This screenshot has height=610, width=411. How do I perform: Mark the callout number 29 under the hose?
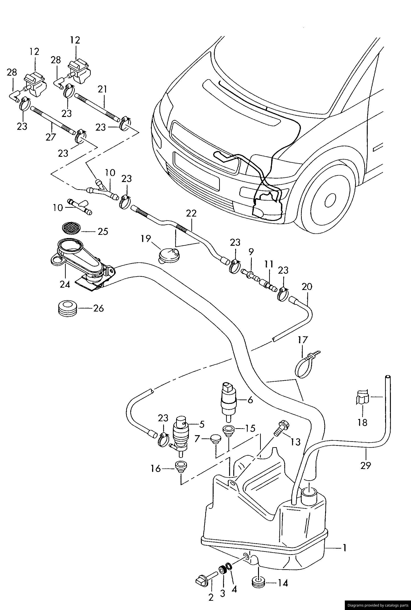click(366, 465)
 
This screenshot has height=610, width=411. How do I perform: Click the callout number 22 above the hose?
click(191, 214)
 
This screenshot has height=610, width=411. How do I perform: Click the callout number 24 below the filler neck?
click(65, 285)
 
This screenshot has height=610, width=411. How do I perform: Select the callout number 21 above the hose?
click(103, 90)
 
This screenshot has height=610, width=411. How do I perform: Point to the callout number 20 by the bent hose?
click(307, 286)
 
